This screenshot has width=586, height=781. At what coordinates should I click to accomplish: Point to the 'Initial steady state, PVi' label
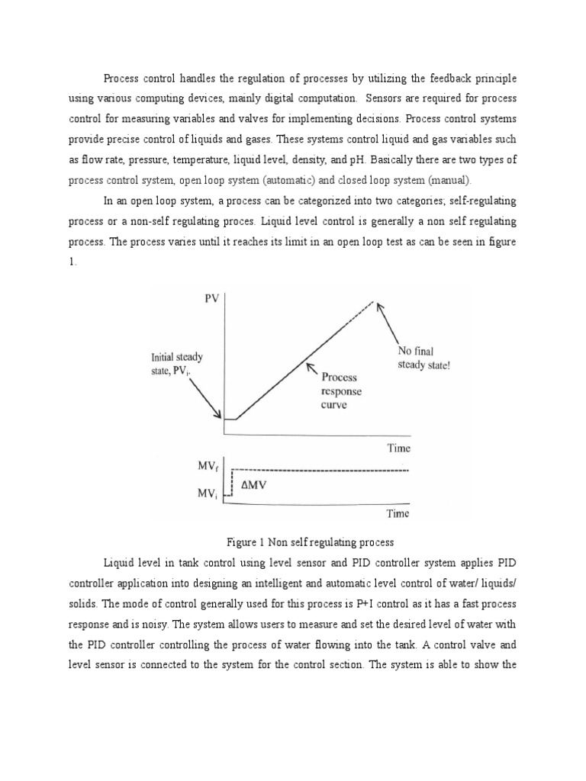click(177, 364)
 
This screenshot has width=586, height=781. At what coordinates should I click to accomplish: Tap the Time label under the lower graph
click(397, 513)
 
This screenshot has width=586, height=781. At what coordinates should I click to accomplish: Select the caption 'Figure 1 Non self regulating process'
click(310, 542)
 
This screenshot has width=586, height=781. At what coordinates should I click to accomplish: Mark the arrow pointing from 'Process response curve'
click(313, 370)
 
